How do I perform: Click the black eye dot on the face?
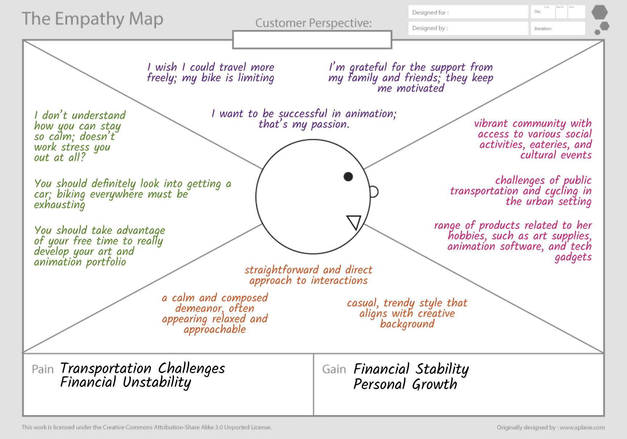[348, 177]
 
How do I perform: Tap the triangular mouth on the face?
[354, 221]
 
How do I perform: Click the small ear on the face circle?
[374, 192]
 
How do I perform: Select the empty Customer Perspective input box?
[312, 40]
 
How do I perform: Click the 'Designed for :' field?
[468, 12]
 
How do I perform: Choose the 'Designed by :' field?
[468, 28]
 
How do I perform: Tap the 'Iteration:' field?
[558, 28]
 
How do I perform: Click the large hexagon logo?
[599, 12]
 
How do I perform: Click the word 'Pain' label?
[43, 369]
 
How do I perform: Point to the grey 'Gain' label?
[334, 369]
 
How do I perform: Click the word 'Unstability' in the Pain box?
[157, 382]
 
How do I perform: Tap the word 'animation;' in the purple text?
[371, 114]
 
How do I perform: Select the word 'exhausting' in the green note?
[59, 205]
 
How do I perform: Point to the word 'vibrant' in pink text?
[491, 124]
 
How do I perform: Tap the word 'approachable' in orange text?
[215, 330]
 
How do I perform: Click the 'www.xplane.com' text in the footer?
[582, 427]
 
